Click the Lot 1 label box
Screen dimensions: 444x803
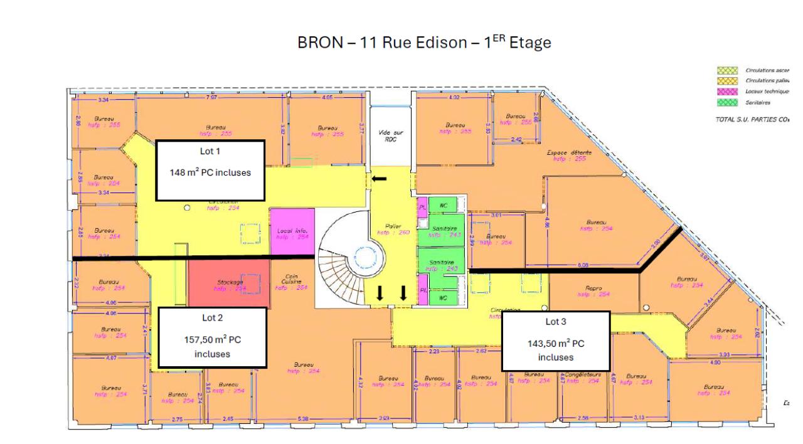click(210, 170)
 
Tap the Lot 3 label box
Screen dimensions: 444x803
click(556, 341)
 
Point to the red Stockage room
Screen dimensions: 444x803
click(229, 283)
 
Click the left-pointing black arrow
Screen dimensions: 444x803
click(379, 179)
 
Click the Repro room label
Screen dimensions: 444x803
click(593, 291)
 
